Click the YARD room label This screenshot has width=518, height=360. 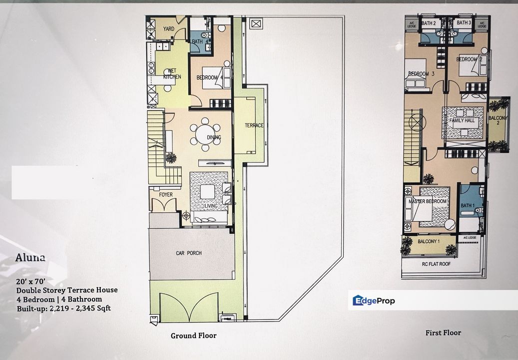coord(169,29)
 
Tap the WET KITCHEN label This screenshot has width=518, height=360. coord(171,73)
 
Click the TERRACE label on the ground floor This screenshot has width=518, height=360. coord(254,125)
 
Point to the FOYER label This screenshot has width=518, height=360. coord(166,195)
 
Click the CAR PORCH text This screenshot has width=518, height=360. coord(188,253)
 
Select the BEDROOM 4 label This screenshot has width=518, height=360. coord(210,77)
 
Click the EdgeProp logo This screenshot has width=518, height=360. coord(374,300)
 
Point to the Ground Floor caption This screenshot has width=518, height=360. coord(194,335)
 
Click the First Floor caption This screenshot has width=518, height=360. coord(443,332)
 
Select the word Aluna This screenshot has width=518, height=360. coord(30,258)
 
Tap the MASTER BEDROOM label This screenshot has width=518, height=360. coord(428,201)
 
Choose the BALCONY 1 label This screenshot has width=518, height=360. coord(429,241)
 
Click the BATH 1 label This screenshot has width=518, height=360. coord(467,205)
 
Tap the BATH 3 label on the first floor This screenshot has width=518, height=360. coord(464,23)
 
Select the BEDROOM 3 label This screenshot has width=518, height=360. coord(419,74)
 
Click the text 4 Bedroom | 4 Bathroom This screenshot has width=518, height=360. coord(59,299)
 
